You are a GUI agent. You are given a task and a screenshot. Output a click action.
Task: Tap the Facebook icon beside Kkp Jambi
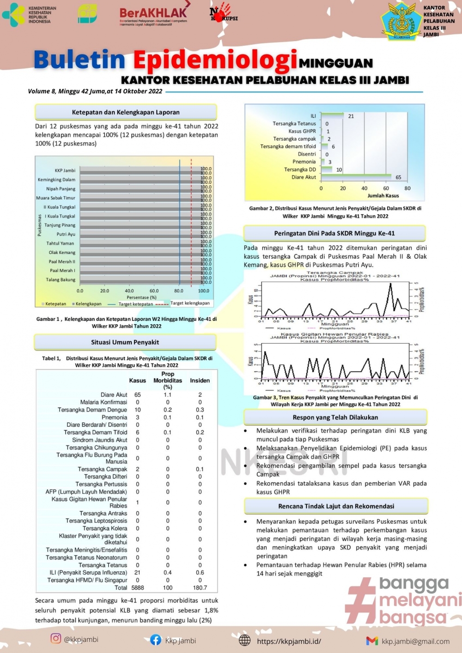pos(156,640)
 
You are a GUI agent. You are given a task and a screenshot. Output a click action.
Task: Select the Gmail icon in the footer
pos(372,641)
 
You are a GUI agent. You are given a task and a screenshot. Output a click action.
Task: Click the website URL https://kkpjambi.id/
pos(289,641)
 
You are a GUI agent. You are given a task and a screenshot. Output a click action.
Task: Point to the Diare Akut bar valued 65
pos(356,176)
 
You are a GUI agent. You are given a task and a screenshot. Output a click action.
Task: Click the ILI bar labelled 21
pos(332,115)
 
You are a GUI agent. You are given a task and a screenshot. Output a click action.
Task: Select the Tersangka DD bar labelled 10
pos(327,169)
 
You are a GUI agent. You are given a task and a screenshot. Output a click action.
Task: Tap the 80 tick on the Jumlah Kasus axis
pos(407,188)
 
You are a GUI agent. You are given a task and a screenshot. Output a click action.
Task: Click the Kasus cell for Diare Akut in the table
pos(138,395)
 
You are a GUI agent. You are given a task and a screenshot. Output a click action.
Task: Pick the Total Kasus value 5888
pos(138,588)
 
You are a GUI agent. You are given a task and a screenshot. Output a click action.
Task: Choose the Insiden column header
pos(200,381)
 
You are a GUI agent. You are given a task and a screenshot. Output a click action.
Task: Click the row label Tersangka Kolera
pos(105,528)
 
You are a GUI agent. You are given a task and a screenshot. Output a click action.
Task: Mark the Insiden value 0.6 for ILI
pos(200,573)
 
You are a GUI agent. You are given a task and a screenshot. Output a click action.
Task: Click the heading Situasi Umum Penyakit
pos(125,342)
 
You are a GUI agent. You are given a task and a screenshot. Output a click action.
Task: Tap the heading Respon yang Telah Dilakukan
pos(335,417)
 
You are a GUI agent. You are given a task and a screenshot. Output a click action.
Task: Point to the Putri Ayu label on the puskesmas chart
pos(66,234)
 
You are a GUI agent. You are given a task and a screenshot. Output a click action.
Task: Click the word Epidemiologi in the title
pos(215,60)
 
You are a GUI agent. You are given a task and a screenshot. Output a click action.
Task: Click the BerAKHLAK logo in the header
pos(153,16)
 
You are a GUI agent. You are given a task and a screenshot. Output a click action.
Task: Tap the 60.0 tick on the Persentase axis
pos(154,291)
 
